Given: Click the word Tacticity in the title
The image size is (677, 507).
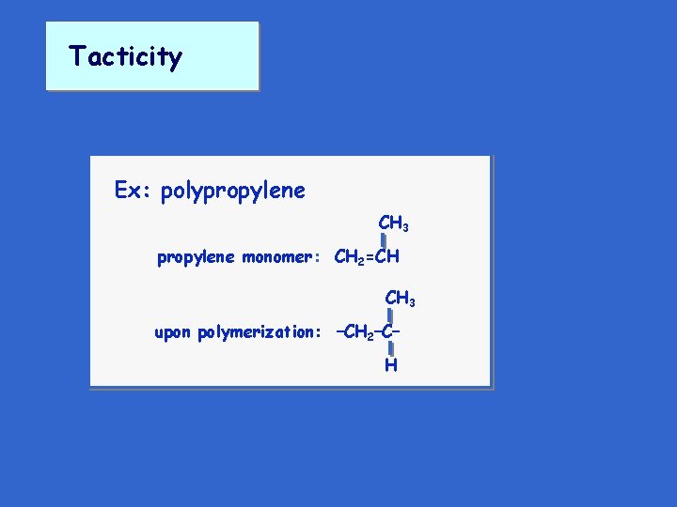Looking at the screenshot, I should point(125,56).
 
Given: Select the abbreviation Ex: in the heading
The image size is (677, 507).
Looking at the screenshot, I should point(134,191).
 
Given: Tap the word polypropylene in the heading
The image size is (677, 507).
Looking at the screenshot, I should point(233,192).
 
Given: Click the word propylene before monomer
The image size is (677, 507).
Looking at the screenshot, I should point(196,257).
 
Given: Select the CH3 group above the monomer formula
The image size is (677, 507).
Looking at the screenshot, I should point(393,224).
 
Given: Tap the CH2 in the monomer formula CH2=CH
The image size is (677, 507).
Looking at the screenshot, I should point(349,257).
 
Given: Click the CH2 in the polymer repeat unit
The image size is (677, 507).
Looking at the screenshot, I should point(360,332).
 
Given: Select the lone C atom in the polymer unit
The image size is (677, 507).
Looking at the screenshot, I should point(389,332).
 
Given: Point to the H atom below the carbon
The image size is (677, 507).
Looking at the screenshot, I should point(390,365).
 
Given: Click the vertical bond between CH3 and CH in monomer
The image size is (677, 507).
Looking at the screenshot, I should point(385,241).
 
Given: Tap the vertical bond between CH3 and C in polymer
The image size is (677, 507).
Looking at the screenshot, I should point(390,316).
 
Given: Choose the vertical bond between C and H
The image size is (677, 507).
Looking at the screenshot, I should point(390,349).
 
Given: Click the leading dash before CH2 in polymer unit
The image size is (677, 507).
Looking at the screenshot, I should point(341,331).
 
